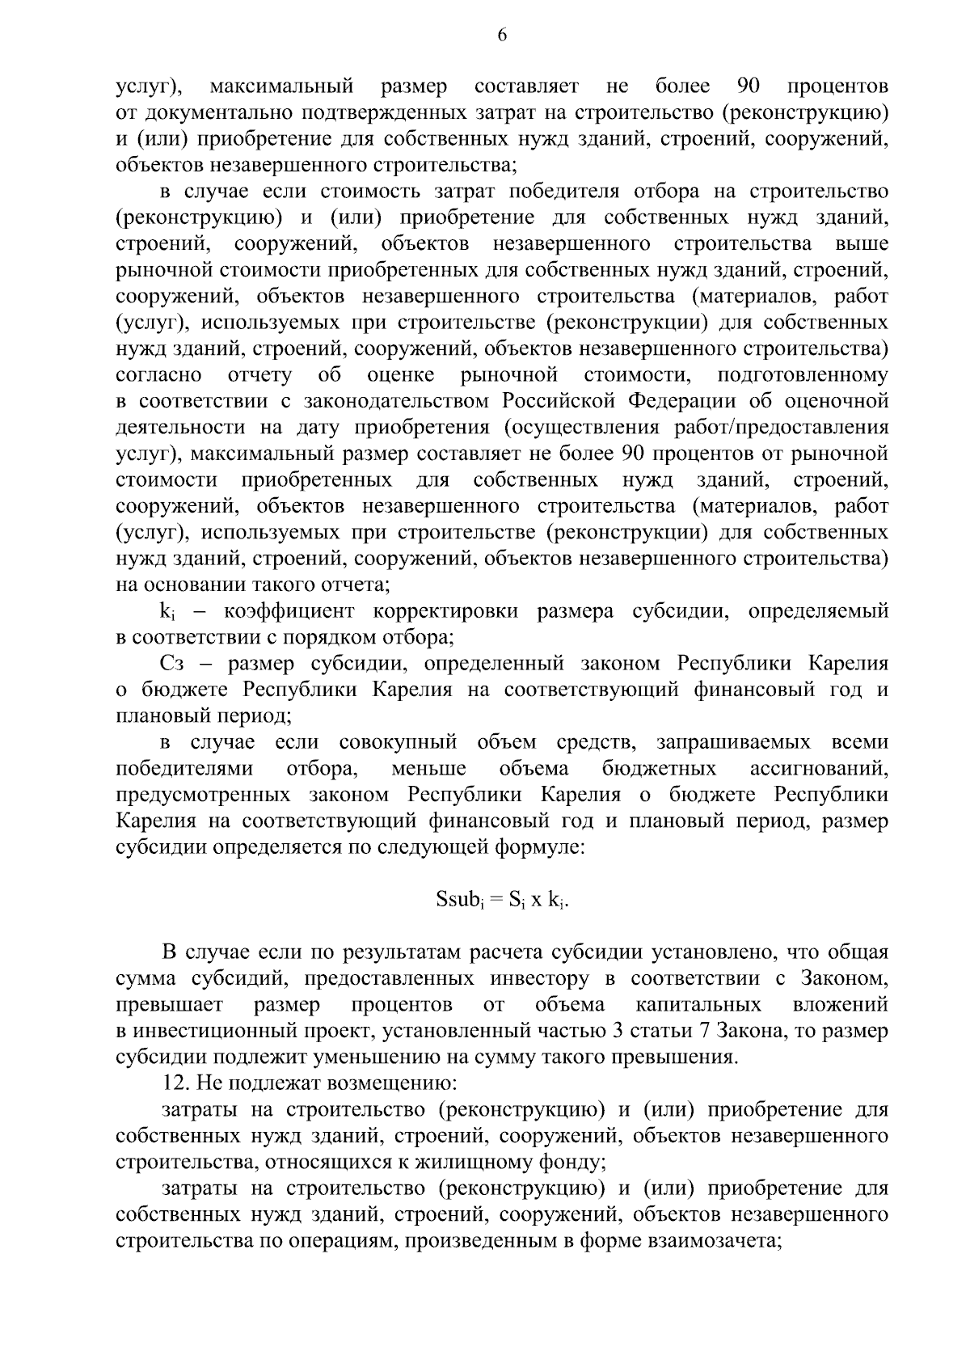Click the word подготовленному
(802, 375)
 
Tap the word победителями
(184, 768)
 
